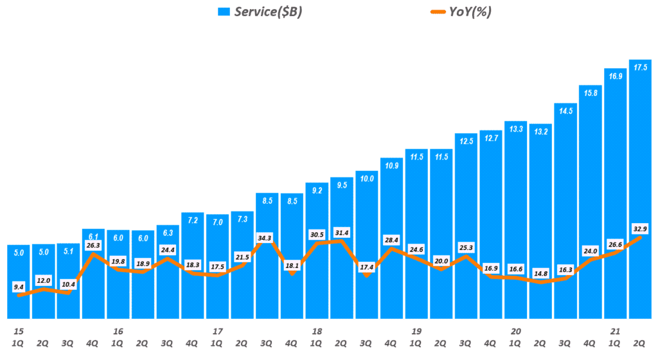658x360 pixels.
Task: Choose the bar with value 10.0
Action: click(x=366, y=244)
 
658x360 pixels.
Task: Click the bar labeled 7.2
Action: click(x=193, y=264)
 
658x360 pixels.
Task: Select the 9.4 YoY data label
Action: click(x=19, y=287)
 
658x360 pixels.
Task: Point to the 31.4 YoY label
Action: click(x=342, y=232)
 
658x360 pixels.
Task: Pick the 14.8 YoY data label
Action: click(x=540, y=273)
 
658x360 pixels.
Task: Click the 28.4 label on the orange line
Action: click(x=391, y=240)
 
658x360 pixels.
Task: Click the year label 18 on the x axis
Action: click(x=317, y=331)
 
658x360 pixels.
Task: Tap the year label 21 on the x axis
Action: click(x=615, y=331)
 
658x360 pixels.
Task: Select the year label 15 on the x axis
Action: click(x=19, y=331)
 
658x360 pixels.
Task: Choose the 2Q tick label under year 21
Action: click(x=640, y=343)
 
